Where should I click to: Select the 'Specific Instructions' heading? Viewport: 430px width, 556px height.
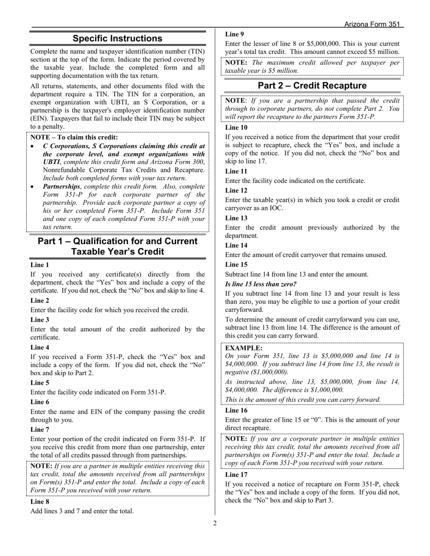point(117,38)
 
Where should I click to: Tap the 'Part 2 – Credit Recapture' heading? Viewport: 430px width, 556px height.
point(312,85)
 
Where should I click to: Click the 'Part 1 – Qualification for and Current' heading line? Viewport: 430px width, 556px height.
point(118,241)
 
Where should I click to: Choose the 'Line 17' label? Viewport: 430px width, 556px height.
point(236,475)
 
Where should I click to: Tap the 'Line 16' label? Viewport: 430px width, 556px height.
point(236,410)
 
